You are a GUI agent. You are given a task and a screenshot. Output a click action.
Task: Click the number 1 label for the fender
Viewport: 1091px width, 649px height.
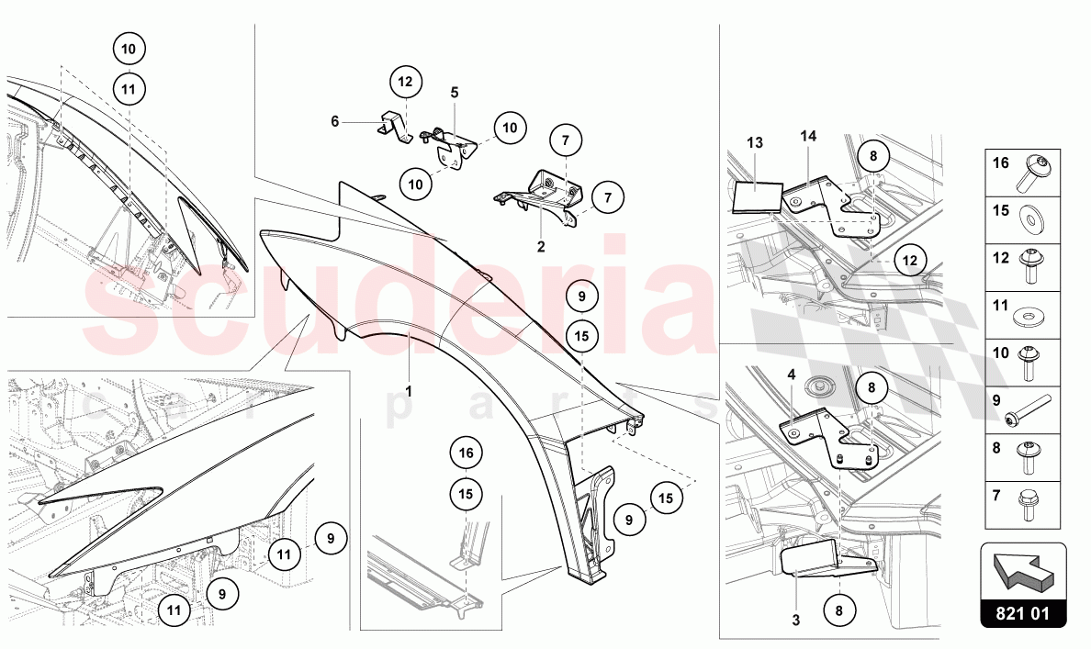click(409, 392)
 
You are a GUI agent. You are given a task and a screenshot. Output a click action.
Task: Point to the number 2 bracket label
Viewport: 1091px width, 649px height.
click(541, 246)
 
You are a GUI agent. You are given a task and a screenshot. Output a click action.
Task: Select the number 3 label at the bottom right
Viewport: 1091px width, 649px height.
click(796, 620)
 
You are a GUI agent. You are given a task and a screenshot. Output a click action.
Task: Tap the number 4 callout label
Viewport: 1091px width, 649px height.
click(791, 375)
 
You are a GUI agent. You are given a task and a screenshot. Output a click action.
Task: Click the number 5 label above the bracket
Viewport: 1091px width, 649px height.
click(455, 93)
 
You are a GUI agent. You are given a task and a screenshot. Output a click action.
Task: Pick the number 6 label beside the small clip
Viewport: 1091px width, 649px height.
click(334, 122)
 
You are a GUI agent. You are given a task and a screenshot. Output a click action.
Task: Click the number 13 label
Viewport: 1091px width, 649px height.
click(755, 142)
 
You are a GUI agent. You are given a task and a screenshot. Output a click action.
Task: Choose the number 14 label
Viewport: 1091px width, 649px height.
click(808, 137)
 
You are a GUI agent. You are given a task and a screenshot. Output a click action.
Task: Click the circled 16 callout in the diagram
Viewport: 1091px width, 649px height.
click(466, 453)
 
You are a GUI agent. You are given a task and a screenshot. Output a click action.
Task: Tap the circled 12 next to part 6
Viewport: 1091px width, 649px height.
click(405, 82)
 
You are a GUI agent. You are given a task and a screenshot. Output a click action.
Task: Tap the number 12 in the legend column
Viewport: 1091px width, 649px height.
click(1001, 257)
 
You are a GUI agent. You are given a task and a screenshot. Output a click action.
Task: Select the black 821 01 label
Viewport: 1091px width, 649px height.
click(1023, 613)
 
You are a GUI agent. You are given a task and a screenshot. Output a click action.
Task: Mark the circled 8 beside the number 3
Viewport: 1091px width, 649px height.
click(839, 610)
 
